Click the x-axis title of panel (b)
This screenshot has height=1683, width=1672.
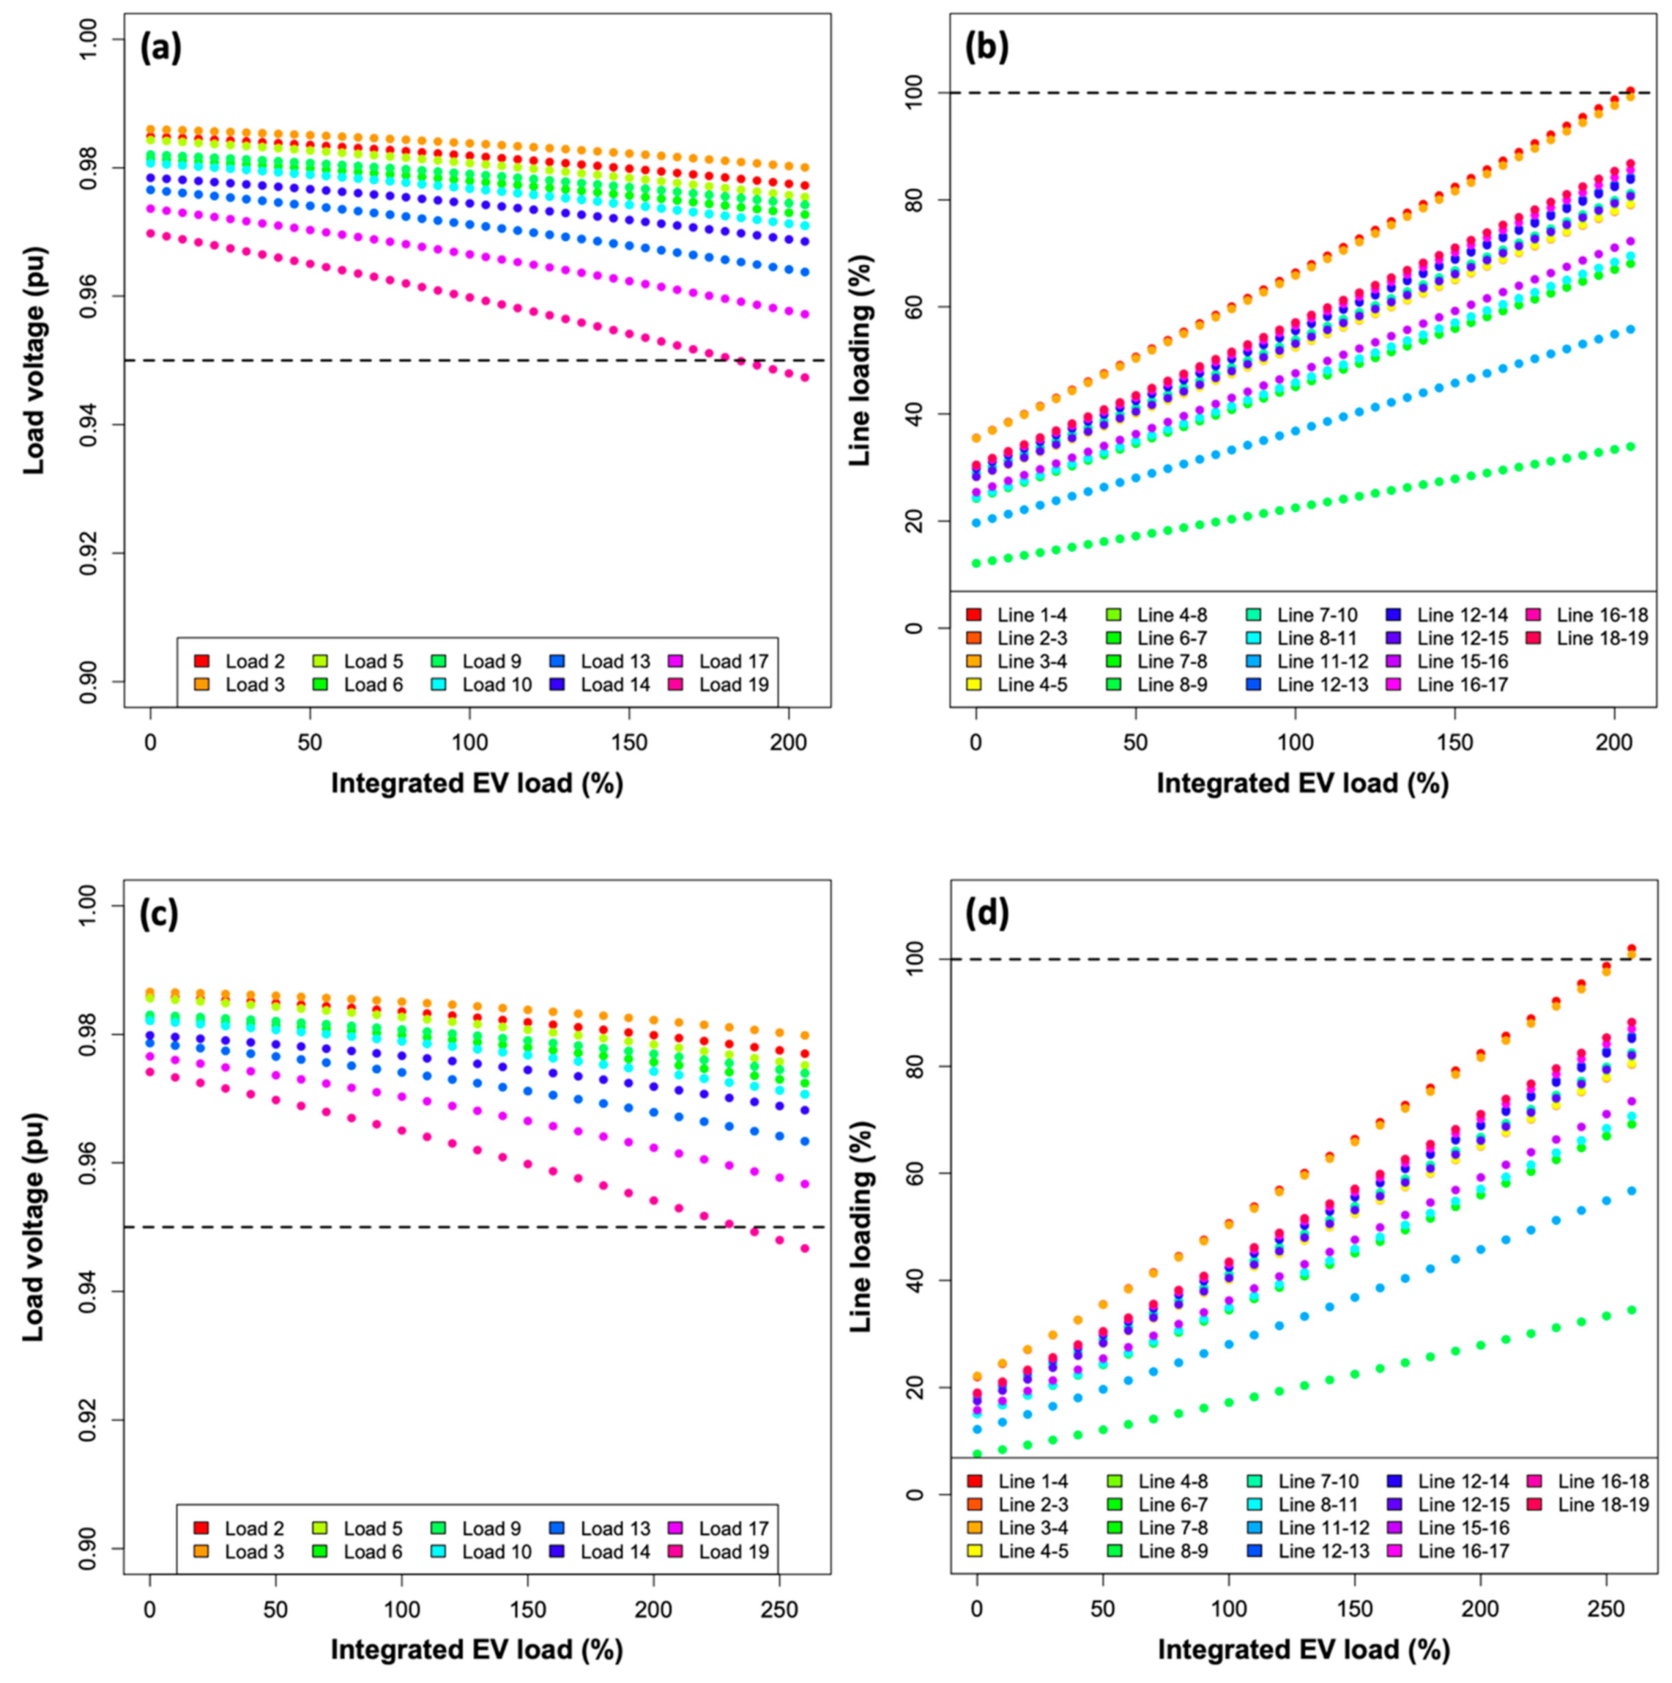click(1302, 783)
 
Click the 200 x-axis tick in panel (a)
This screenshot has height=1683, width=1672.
click(789, 742)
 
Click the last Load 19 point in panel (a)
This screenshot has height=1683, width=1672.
click(805, 377)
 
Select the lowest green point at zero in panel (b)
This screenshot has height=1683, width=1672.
click(977, 564)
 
